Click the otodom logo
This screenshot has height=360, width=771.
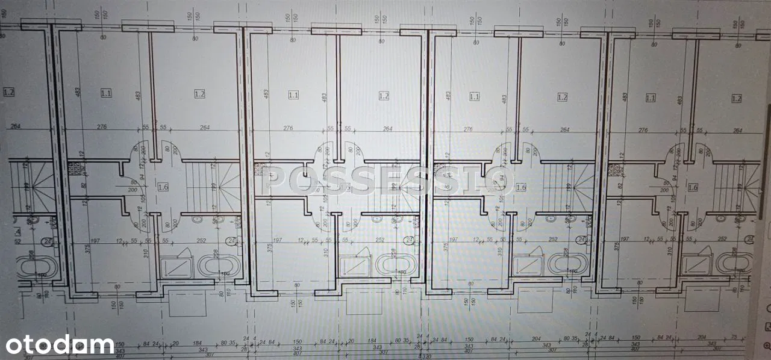60,345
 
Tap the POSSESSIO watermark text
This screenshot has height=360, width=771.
385,180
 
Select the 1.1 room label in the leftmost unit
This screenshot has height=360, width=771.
106,93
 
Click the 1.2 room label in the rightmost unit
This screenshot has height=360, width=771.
735,98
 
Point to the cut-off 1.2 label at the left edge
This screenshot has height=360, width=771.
8,92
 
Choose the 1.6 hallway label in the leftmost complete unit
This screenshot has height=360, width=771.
163,187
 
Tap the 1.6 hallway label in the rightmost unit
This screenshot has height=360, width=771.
693,187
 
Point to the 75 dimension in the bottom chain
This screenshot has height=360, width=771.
733,338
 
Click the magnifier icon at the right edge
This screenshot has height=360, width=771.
767,345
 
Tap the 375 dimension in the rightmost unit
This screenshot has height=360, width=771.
616,247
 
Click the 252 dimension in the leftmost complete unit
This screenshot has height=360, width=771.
201,240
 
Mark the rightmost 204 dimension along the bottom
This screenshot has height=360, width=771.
701,338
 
